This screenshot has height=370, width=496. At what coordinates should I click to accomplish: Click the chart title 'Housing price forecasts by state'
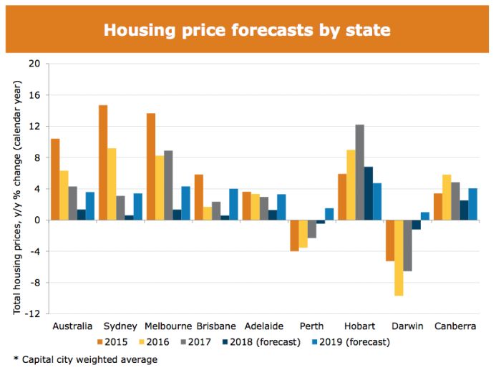[248, 30]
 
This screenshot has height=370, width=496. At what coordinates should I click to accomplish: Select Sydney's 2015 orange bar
[103, 162]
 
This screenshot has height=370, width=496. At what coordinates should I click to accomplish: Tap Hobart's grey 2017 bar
[359, 172]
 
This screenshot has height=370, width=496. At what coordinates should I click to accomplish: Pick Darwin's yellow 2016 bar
[399, 258]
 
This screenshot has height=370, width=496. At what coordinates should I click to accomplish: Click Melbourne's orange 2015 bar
[151, 167]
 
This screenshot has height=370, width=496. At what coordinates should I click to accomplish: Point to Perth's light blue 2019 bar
[329, 214]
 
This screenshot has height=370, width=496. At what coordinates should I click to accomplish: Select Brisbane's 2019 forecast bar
[233, 205]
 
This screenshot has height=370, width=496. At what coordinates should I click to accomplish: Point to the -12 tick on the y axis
[33, 314]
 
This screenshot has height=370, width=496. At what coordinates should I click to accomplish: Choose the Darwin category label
[408, 326]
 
